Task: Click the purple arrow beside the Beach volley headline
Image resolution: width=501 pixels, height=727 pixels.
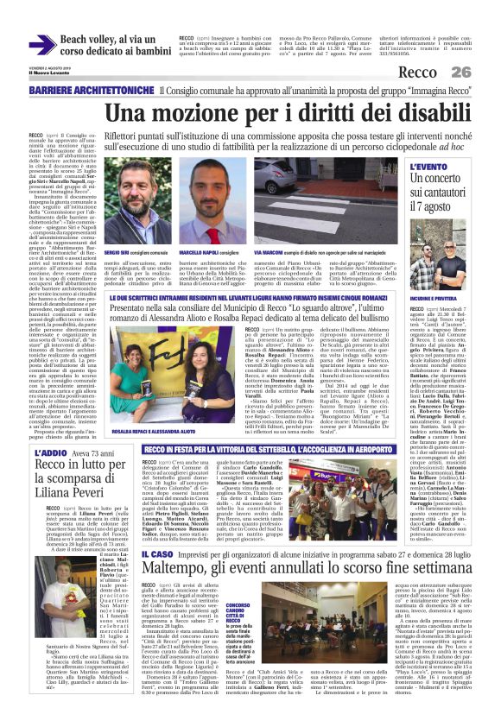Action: [x=42, y=45]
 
